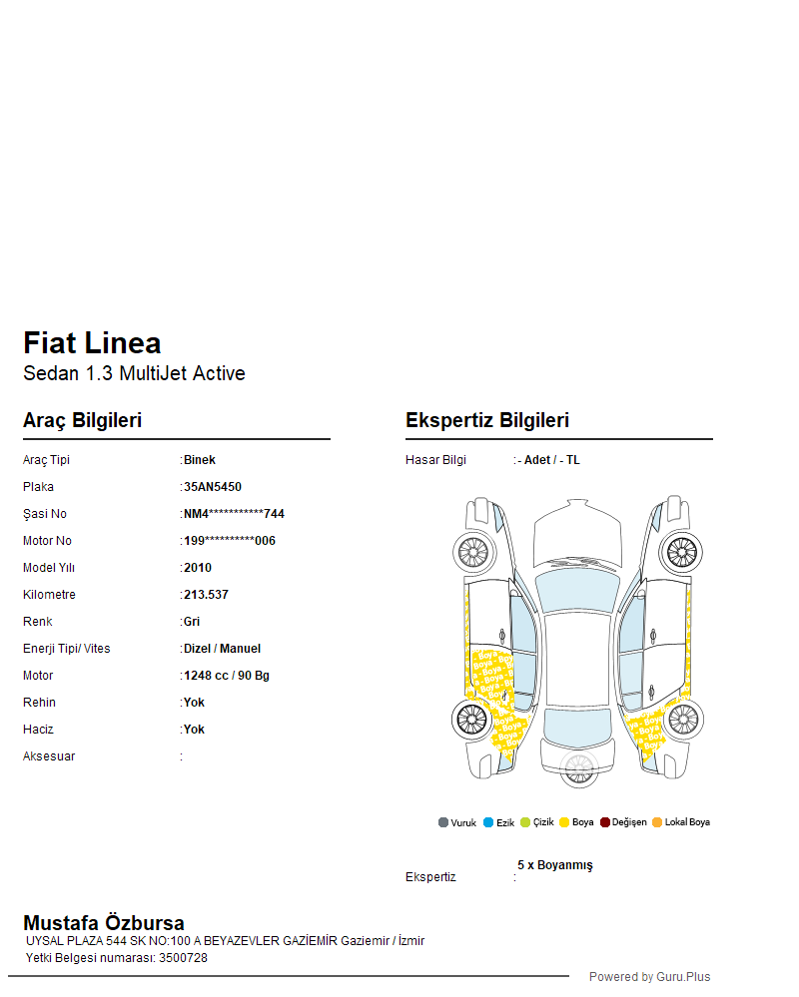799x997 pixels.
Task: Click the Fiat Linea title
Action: pyautogui.click(x=92, y=343)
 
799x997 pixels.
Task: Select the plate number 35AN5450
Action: pyautogui.click(x=213, y=487)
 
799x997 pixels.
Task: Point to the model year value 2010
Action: pyautogui.click(x=198, y=568)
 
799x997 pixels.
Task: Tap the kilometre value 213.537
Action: pyautogui.click(x=206, y=595)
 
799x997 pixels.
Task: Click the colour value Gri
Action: pyautogui.click(x=192, y=622)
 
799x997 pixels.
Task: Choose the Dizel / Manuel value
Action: pyautogui.click(x=222, y=649)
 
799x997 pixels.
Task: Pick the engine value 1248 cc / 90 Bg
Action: pyautogui.click(x=227, y=676)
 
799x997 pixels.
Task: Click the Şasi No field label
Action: pyautogui.click(x=45, y=514)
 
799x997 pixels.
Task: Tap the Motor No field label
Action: pyautogui.click(x=47, y=541)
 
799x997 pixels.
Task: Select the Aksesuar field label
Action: pyautogui.click(x=49, y=756)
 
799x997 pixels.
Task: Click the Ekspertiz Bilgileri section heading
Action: pyautogui.click(x=487, y=420)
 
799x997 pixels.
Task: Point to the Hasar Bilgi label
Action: pyautogui.click(x=435, y=460)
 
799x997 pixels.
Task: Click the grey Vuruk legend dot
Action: pyautogui.click(x=443, y=822)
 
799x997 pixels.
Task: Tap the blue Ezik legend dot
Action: pyautogui.click(x=488, y=822)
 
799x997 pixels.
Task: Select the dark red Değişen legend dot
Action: pyautogui.click(x=605, y=822)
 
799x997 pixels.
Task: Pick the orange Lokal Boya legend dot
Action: pyautogui.click(x=657, y=822)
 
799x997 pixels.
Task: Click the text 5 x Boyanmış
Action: pyautogui.click(x=554, y=865)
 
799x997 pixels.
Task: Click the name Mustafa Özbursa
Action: pyautogui.click(x=104, y=923)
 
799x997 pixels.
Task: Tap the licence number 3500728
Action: pyautogui.click(x=183, y=958)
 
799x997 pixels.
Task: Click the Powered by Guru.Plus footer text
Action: pyautogui.click(x=649, y=977)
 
